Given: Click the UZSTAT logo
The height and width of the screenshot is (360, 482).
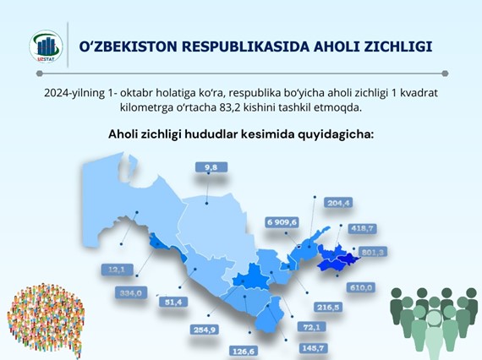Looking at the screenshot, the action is pyautogui.click(x=47, y=46).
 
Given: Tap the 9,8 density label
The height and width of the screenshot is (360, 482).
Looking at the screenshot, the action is pyautogui.click(x=211, y=167).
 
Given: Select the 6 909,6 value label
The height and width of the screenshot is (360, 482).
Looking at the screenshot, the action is pyautogui.click(x=282, y=222).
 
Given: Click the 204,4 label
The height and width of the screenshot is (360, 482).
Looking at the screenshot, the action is pyautogui.click(x=338, y=203).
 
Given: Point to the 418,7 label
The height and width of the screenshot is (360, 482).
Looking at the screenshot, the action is pyautogui.click(x=362, y=228).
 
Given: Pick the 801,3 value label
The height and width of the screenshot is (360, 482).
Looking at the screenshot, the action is pyautogui.click(x=373, y=252).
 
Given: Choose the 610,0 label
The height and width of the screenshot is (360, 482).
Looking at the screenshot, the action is pyautogui.click(x=361, y=288).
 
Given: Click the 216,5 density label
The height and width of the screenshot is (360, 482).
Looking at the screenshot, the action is pyautogui.click(x=328, y=307).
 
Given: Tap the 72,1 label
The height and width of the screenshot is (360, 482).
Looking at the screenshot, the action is pyautogui.click(x=312, y=327).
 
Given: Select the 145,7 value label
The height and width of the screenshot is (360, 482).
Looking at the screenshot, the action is pyautogui.click(x=313, y=348).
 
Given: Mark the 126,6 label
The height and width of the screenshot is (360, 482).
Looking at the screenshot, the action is pyautogui.click(x=244, y=351).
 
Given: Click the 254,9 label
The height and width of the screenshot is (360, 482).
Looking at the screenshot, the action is pyautogui.click(x=205, y=330).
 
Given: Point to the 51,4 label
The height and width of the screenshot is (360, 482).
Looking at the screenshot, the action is pyautogui.click(x=173, y=303).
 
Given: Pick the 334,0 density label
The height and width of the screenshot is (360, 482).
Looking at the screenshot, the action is pyautogui.click(x=131, y=293).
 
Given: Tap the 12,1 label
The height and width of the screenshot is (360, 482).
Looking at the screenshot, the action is pyautogui.click(x=117, y=270).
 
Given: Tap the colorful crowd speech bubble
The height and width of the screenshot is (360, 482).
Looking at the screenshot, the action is pyautogui.click(x=46, y=320).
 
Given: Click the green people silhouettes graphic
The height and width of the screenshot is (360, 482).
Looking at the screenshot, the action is pyautogui.click(x=434, y=324).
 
